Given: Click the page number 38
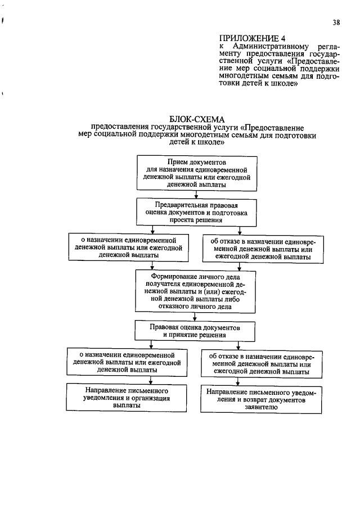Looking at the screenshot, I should [336, 22].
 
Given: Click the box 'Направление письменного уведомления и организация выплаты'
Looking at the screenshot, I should [127, 397].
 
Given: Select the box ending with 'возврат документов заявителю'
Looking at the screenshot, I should [262, 399].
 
